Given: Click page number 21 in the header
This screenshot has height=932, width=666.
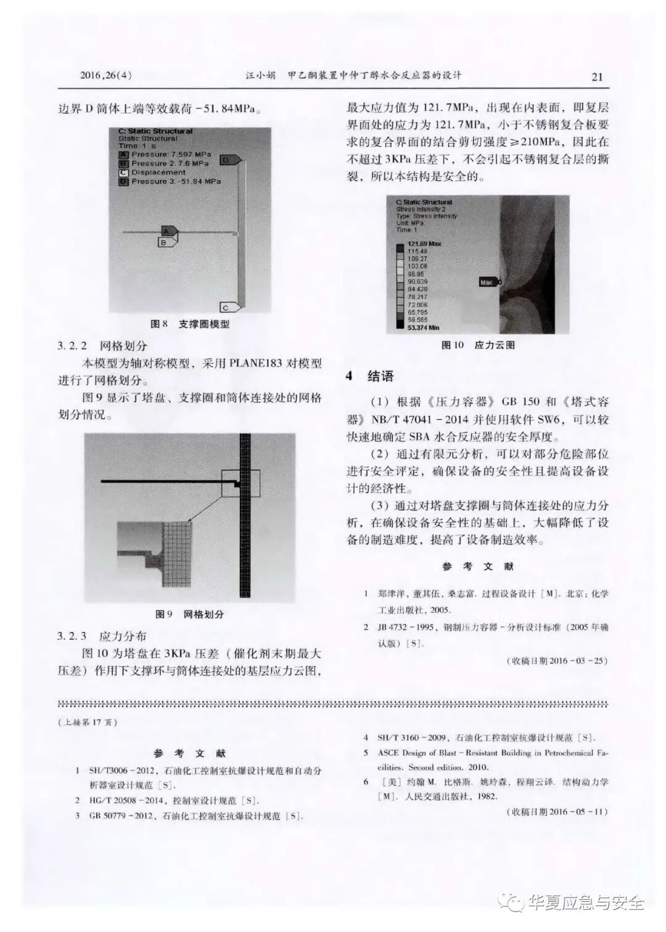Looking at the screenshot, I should [596, 77].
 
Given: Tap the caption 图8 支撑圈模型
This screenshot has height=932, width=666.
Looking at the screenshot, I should [190, 324].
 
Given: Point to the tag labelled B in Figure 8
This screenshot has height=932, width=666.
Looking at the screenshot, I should [165, 243].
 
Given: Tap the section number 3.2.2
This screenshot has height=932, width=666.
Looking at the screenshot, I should [73, 346].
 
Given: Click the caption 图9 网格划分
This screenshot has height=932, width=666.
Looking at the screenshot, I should [190, 614].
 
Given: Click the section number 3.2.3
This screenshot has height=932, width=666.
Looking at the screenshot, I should [73, 636].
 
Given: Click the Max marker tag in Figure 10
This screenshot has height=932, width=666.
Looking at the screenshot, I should [487, 282].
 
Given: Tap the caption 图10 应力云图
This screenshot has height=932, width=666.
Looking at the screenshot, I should [478, 345].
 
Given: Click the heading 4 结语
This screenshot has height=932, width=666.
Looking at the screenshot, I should [370, 377].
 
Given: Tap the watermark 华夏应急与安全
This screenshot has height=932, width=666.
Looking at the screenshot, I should [586, 903].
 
